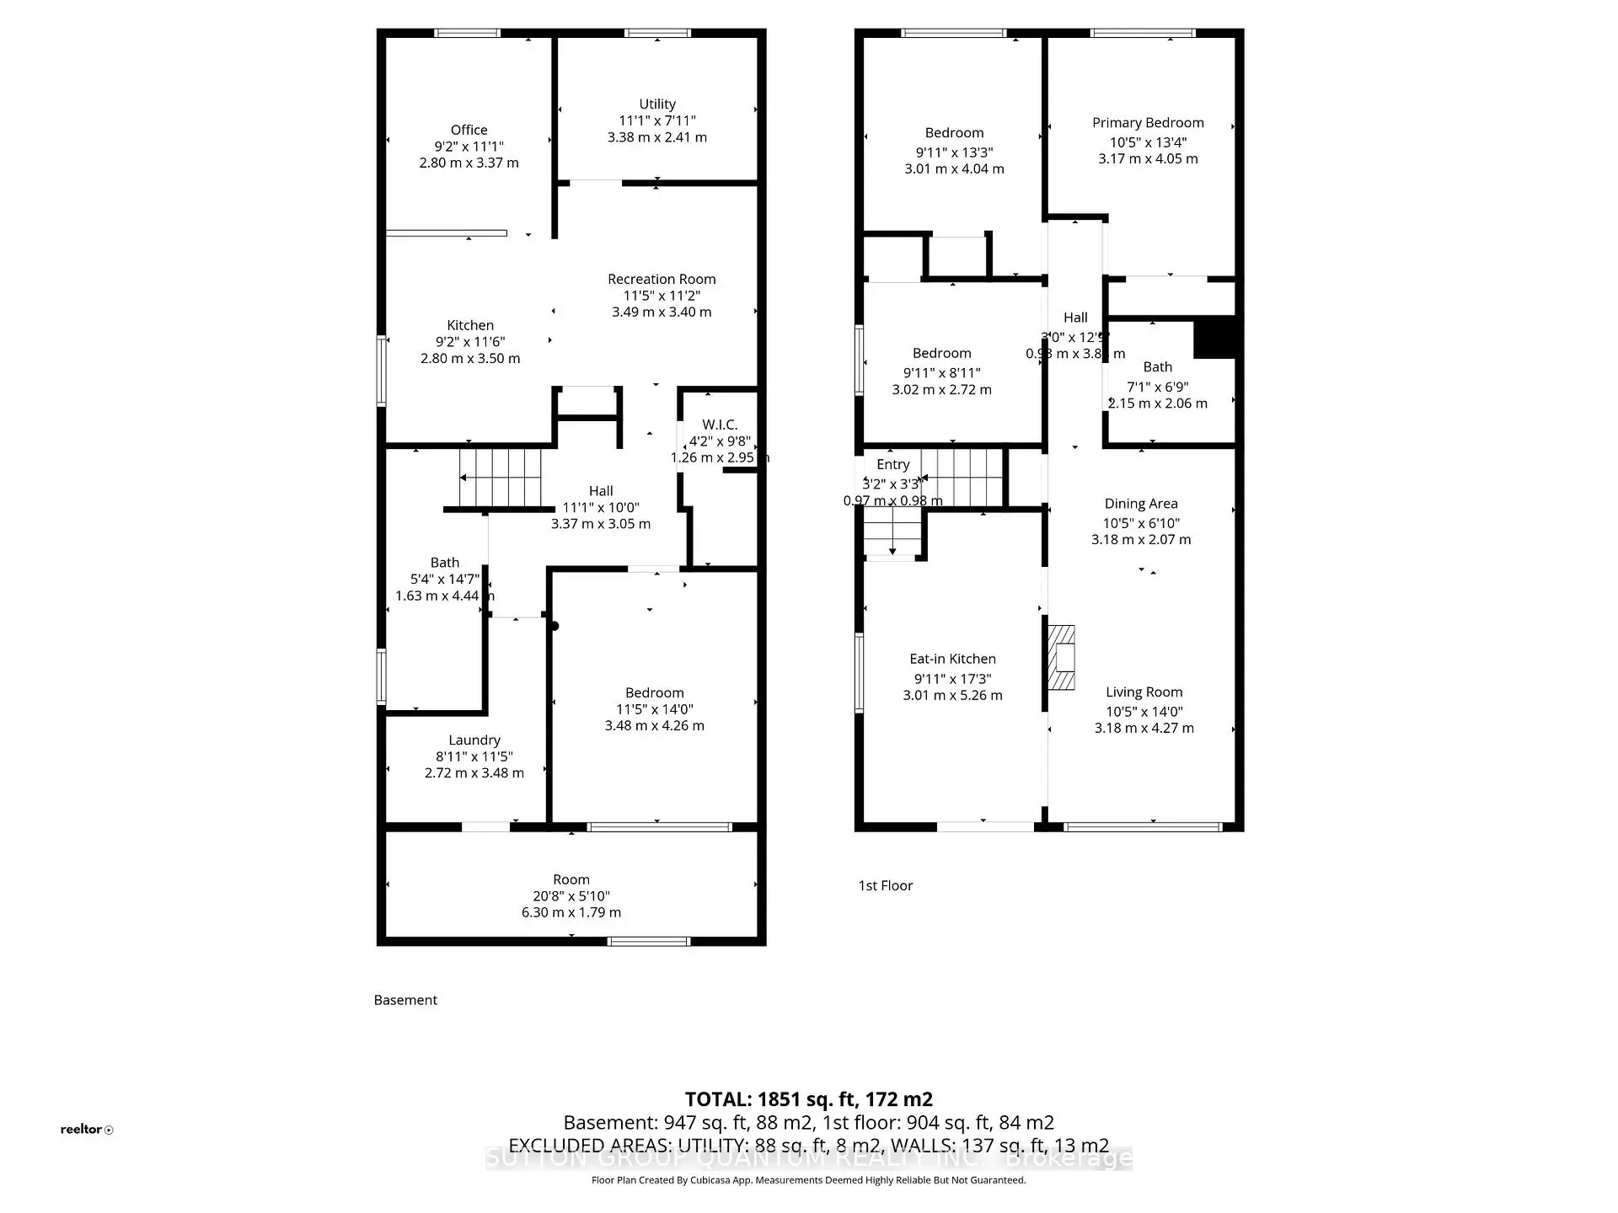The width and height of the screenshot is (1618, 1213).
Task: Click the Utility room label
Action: pos(657,104)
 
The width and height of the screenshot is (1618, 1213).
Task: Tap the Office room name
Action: pos(469,130)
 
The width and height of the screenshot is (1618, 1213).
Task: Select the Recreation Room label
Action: pos(662,279)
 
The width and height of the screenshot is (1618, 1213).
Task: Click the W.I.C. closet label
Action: pos(720,425)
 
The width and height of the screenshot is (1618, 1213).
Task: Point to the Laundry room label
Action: pos(474,740)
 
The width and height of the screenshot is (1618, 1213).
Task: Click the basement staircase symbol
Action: pos(501,478)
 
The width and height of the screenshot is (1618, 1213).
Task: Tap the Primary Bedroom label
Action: pos(1148,123)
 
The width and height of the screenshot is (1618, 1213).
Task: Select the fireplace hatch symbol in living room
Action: pos(1061,658)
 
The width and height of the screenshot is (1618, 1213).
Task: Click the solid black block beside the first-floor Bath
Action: pos(1214,338)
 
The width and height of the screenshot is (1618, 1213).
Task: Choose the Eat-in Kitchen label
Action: pos(952,659)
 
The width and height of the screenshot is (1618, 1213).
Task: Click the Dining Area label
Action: pos(1141,504)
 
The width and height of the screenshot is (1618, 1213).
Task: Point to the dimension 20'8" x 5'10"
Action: pos(571,896)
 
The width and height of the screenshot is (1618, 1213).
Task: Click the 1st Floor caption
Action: pos(885,885)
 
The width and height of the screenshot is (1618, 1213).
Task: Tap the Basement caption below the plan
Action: pos(405,1000)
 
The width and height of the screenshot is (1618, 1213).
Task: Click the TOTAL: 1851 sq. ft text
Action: pos(808,1099)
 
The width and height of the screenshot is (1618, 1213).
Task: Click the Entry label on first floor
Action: pos(892,464)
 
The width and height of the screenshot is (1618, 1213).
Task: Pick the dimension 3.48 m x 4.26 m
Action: pos(654,725)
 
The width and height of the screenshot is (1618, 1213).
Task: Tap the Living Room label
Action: pos(1144,692)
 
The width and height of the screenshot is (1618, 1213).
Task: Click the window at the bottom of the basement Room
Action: pos(649,941)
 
